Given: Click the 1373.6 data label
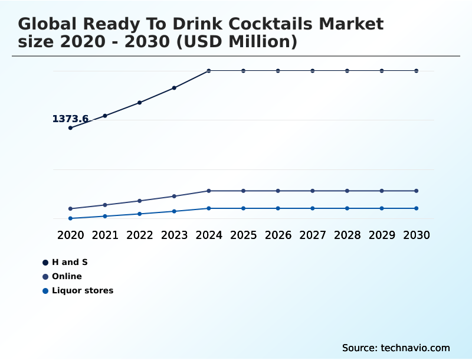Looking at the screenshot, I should (70, 119).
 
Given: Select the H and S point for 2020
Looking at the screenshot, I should (71, 127).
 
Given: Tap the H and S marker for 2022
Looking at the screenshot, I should (140, 103).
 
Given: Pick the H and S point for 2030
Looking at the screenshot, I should (417, 71).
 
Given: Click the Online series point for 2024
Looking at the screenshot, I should (209, 191).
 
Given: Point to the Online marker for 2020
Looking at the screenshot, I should (71, 208).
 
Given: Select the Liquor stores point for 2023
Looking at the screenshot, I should (174, 211).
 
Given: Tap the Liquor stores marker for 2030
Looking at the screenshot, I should (417, 208).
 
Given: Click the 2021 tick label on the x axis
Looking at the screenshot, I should (105, 235).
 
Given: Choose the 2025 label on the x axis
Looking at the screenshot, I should (244, 235).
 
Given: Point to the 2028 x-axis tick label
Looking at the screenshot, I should (347, 235).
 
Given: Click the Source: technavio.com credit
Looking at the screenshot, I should (396, 348).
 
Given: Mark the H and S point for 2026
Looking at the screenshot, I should (278, 71).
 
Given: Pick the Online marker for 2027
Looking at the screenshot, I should (313, 191).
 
